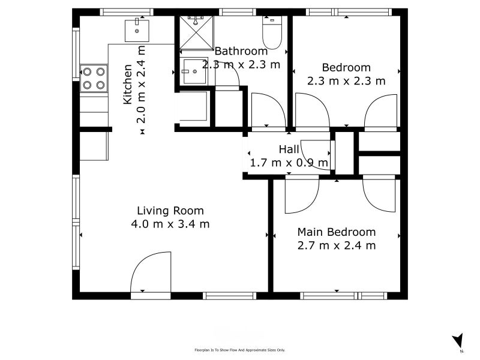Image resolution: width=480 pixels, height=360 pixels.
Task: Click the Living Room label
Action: click(170, 211)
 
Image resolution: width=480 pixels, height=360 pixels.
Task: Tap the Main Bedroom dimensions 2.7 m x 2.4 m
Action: click(337, 245)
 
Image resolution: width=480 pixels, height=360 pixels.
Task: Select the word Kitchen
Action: click(128, 84)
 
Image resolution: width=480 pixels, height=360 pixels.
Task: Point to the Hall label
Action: click(289, 149)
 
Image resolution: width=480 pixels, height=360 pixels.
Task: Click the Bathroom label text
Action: click(241, 51)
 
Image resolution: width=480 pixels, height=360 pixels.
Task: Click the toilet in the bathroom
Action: click(272, 32)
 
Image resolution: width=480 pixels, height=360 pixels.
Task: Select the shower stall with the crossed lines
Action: click(196, 33)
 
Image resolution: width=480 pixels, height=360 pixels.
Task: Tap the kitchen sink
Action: click(137, 31)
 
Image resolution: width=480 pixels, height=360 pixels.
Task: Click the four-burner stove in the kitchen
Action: click(94, 78)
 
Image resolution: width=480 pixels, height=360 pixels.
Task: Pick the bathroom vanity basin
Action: click(194, 71)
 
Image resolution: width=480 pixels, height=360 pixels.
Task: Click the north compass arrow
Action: click(458, 340)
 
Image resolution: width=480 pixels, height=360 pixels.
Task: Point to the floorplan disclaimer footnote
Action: click(239, 350)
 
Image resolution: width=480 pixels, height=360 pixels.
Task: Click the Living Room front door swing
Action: click(151, 272)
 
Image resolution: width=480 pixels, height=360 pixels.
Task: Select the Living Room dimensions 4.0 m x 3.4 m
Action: click(170, 224)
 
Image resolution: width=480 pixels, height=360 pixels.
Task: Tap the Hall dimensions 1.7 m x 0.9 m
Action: click(289, 163)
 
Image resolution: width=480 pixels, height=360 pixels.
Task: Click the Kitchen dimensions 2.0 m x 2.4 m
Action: click(141, 85)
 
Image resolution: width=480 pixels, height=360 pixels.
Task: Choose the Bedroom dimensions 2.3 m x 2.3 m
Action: click(346, 81)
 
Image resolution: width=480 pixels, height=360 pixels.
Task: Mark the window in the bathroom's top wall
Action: click(238, 12)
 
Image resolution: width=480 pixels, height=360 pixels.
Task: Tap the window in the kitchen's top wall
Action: click(127, 12)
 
